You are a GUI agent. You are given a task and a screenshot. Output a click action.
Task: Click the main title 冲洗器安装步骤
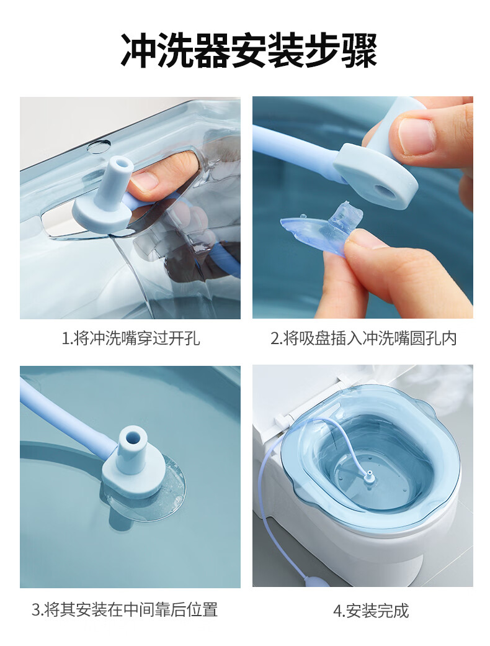coord(249,51)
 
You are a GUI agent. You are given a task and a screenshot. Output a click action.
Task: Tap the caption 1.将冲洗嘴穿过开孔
coord(130,339)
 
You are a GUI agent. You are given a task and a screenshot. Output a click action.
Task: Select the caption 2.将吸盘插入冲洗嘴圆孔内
coord(363,339)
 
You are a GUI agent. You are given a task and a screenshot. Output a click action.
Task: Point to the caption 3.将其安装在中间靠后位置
coord(125,610)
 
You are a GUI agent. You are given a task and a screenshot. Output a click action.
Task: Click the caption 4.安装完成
coord(371,611)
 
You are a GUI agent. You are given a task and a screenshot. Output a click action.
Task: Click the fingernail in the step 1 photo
coord(145,180)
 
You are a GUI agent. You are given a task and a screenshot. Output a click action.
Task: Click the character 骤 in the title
coord(360,51)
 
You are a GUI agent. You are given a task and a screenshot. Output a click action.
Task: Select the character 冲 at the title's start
coord(138,51)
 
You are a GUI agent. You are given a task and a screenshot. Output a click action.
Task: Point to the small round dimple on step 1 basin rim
coord(99,146)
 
